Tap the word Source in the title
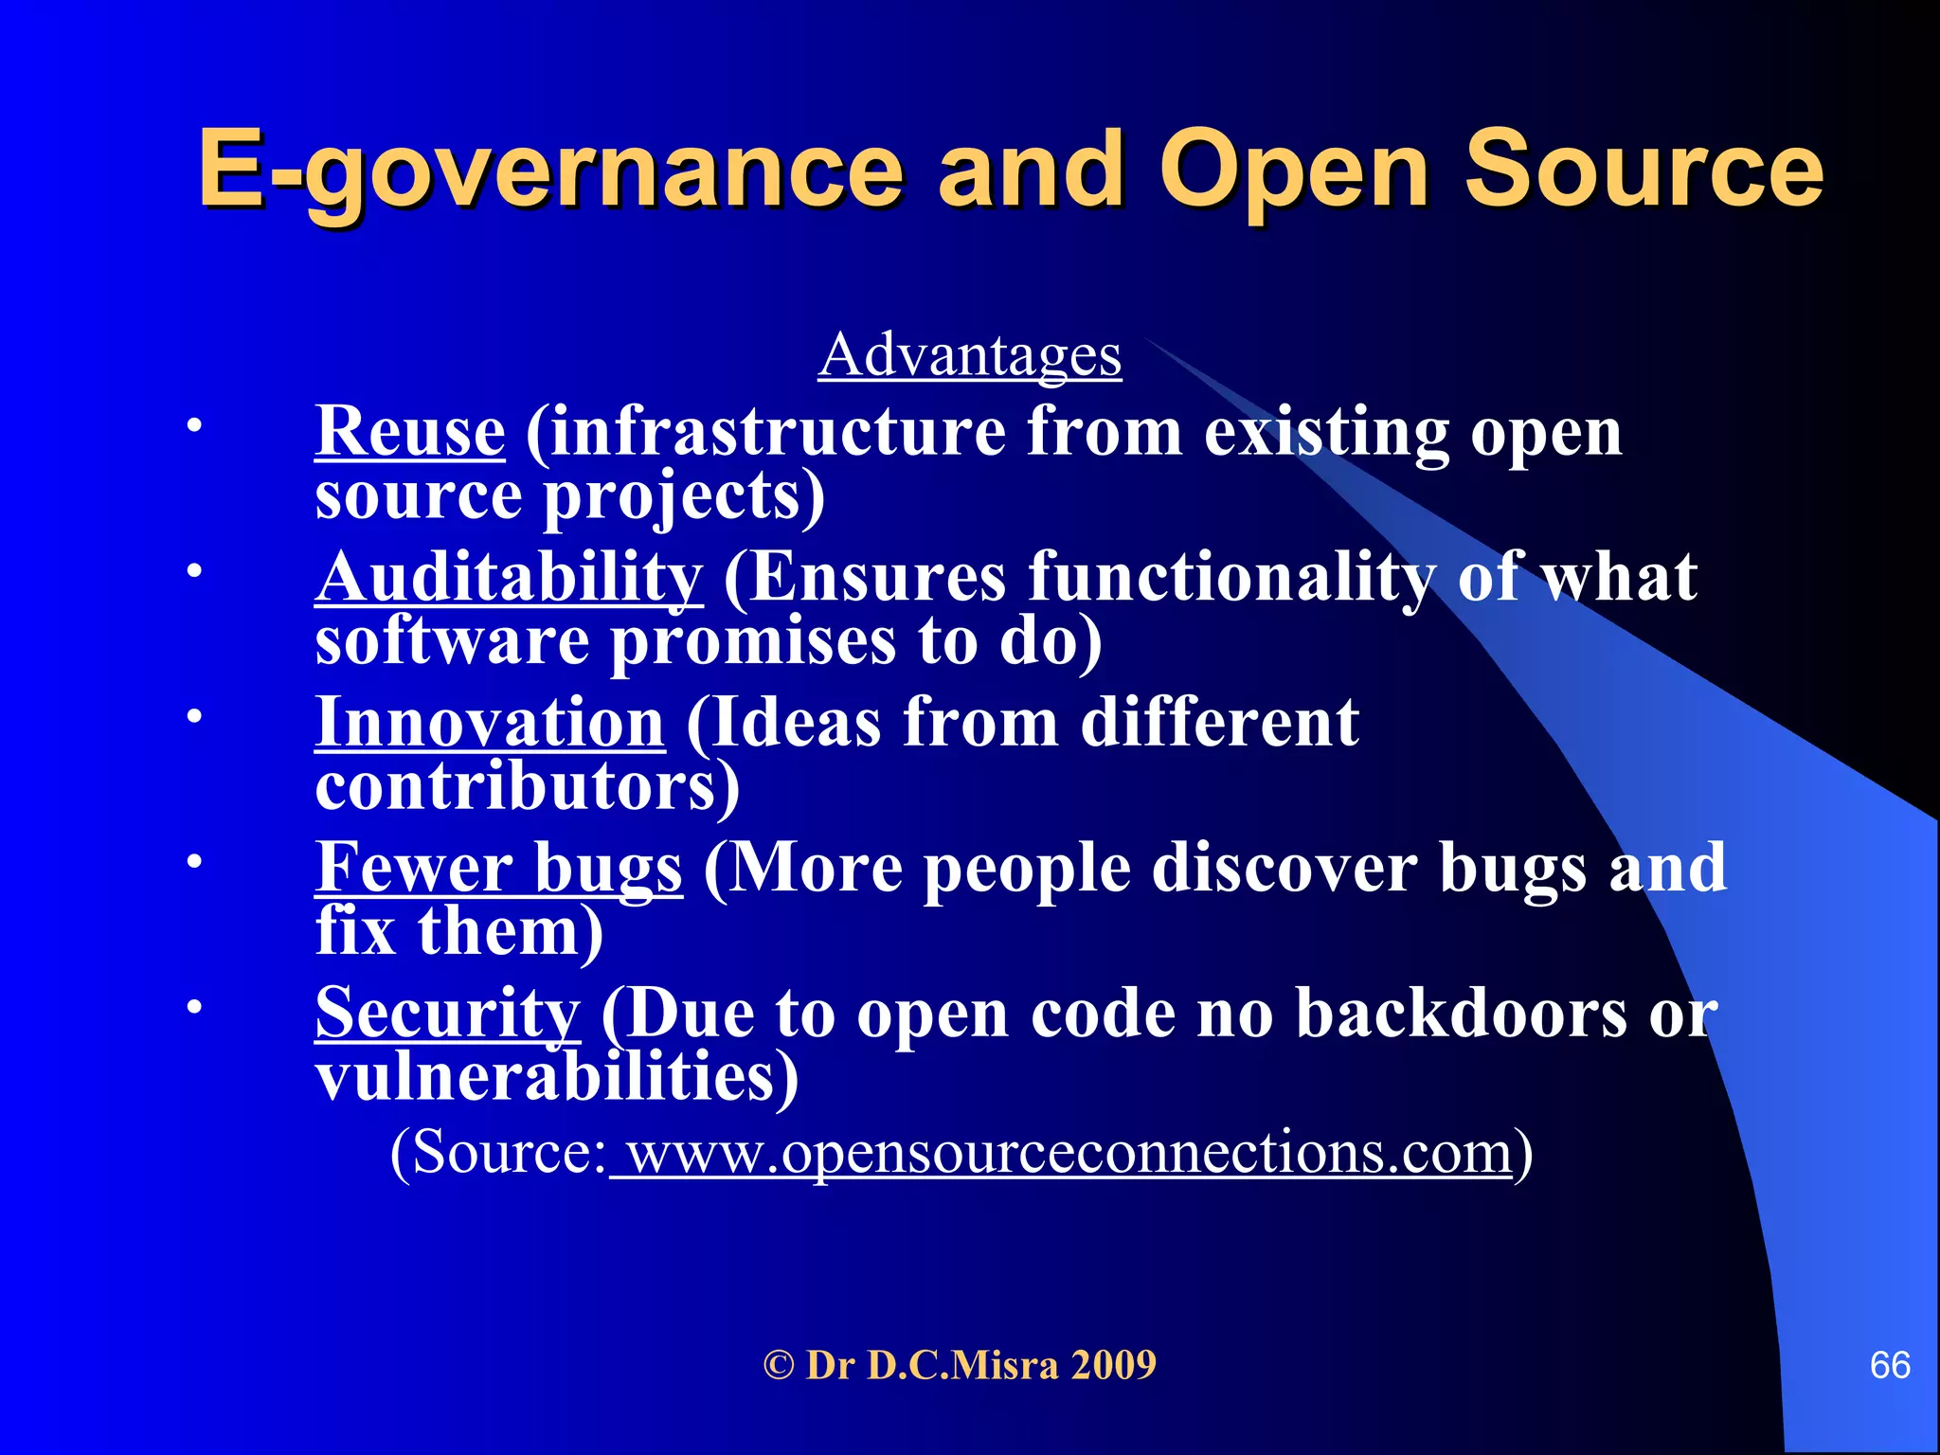pyautogui.click(x=1644, y=171)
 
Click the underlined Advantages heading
pyautogui.click(x=970, y=356)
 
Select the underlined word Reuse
pyautogui.click(x=410, y=432)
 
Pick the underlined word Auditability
pyautogui.click(x=509, y=578)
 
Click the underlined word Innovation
pyautogui.click(x=490, y=723)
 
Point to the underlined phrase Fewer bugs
pyautogui.click(x=498, y=869)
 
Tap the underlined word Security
pyautogui.click(x=447, y=1014)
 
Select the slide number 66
pyautogui.click(x=1889, y=1366)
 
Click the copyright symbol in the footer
pyautogui.click(x=779, y=1366)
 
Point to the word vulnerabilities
pyautogui.click(x=556, y=1077)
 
